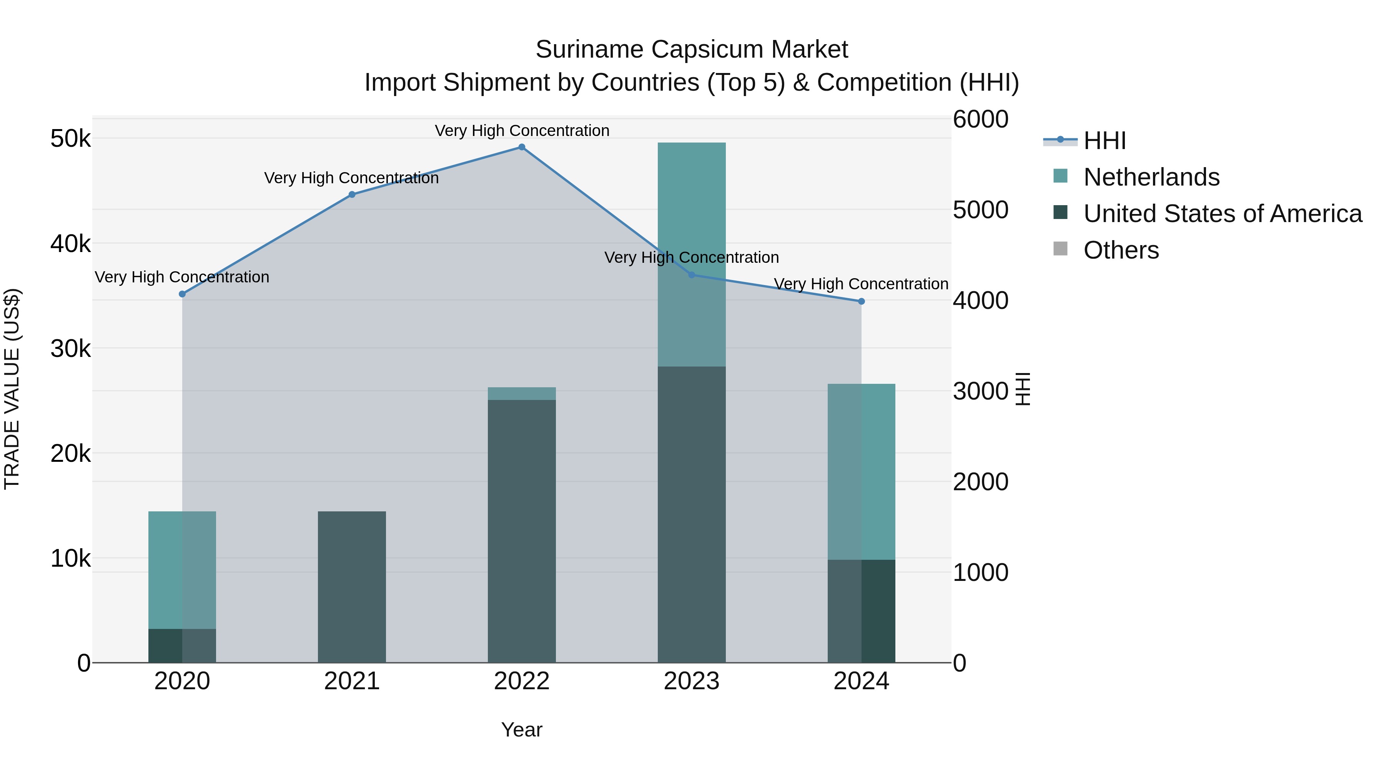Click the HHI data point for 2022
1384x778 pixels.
[x=521, y=147]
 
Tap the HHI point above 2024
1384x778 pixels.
[x=861, y=301]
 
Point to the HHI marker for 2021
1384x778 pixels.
[x=352, y=194]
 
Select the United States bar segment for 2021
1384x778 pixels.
[x=352, y=586]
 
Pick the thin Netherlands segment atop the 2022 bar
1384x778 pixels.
[x=521, y=393]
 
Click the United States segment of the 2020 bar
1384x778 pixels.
[x=182, y=645]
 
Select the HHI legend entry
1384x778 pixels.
[x=1104, y=141]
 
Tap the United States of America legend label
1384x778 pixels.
[x=1222, y=214]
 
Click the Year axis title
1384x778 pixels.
[x=521, y=730]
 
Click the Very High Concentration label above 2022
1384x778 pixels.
[x=521, y=131]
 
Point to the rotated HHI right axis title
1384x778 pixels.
[x=1023, y=389]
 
